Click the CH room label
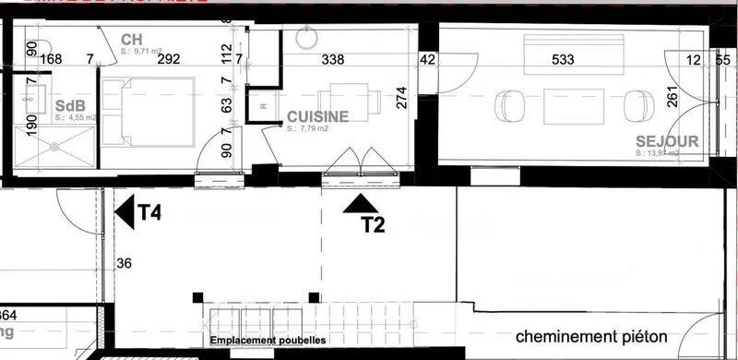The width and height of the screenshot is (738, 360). pos(130,40)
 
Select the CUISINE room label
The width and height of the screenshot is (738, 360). pos(317,117)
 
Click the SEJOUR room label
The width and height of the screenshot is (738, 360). pos(665,142)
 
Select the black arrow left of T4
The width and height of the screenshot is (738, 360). pos(124,212)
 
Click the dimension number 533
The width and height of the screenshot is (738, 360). pos(563,60)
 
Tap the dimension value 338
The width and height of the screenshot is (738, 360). pos(331,60)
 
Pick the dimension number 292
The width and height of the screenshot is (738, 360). pos(168,60)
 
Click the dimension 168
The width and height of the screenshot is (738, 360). pos(52,60)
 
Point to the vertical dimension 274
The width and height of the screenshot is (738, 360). pos(400,98)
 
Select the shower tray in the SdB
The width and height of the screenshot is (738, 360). pos(54,146)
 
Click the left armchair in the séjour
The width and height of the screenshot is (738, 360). pos(506,104)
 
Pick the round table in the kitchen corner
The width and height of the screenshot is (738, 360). pos(306,40)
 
